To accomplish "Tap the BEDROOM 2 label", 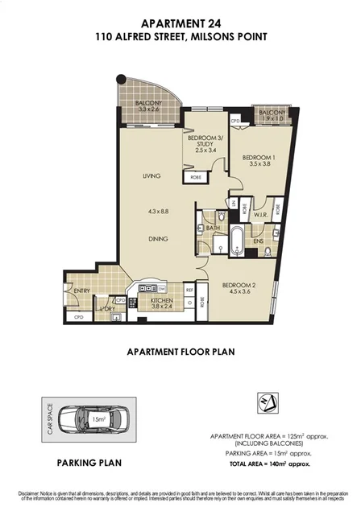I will click(x=243, y=285).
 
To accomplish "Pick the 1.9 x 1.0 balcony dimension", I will click(x=272, y=118).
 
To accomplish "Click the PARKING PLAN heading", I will click(x=89, y=463).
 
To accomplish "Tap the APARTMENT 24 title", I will click(x=180, y=24).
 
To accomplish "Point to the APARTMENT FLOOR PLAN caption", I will click(x=180, y=352).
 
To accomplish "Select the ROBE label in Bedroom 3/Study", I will click(x=196, y=177).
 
